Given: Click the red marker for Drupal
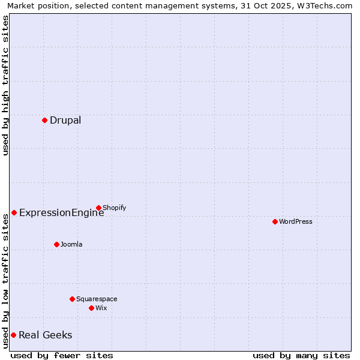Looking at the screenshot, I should pos(44,120).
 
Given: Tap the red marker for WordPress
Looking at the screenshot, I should pos(275,221).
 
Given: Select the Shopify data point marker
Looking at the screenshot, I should pos(98,208).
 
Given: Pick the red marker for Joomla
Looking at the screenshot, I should pos(56,244).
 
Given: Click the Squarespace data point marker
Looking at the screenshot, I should pos(72,299).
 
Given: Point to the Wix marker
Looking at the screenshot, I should pos(91,308).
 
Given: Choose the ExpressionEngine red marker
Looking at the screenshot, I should pos(14,212).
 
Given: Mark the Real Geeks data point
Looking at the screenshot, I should pos(13,335).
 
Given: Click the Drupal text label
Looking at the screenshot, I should pos(65,120).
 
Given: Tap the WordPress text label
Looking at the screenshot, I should pos(296,221).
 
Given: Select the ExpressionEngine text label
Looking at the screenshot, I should pos(61,212).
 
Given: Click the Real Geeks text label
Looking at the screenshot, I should pos(45,335).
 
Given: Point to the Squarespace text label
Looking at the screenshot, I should pos(97,299).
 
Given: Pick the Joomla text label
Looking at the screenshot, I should pos(71,244).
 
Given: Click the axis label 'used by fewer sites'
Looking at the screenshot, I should pos(62,355).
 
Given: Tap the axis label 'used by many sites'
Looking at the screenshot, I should pos(301,355).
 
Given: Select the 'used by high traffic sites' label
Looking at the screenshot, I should pos(5,85).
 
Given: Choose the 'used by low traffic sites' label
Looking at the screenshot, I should pos(5,281).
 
